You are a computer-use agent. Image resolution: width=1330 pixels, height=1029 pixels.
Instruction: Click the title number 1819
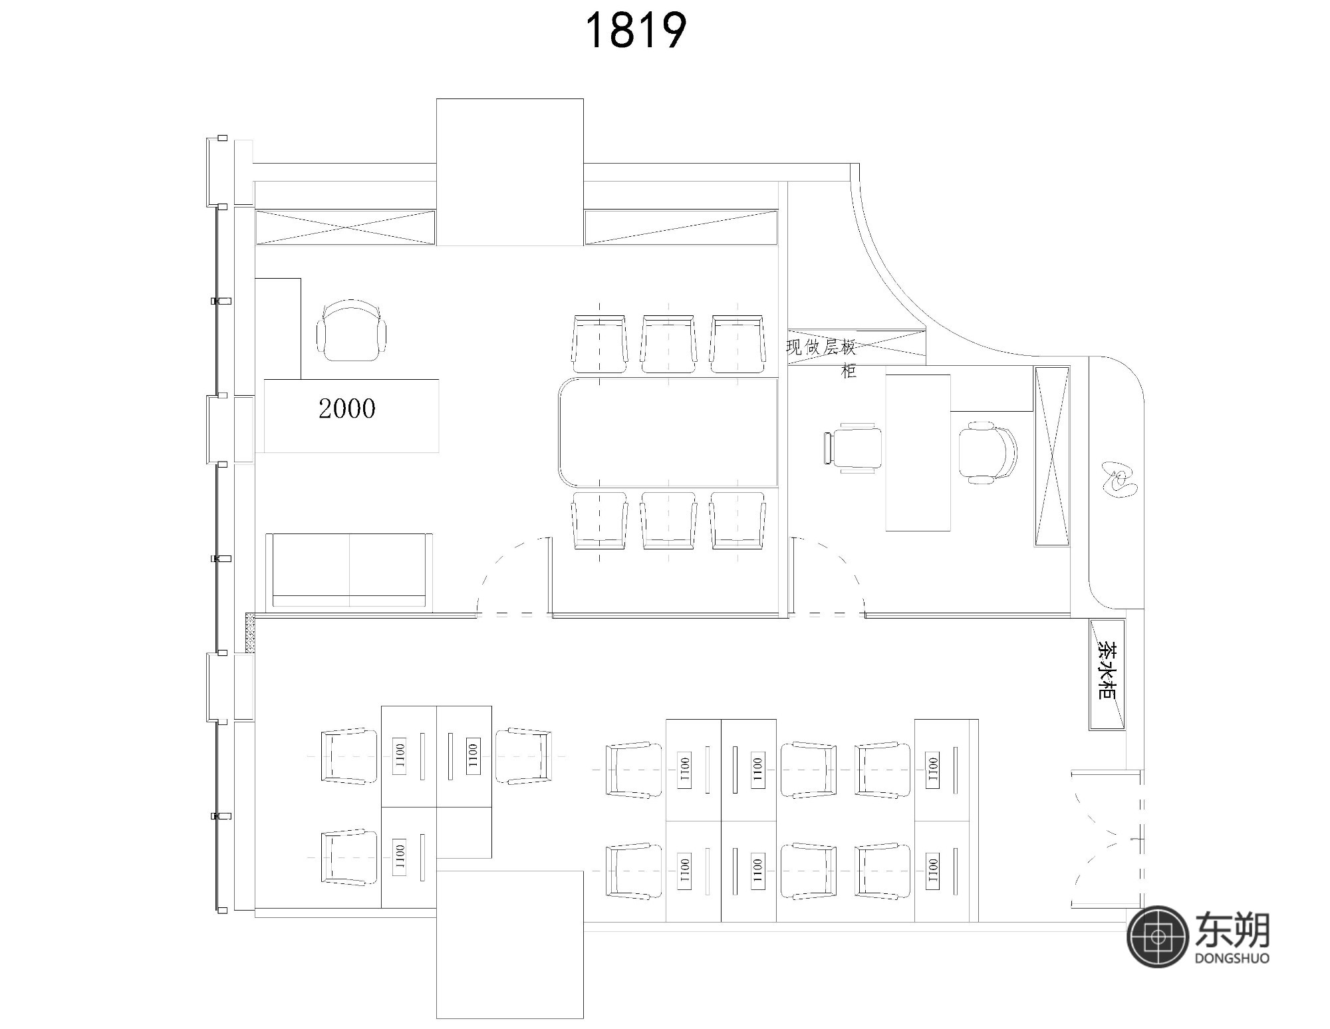[x=635, y=31]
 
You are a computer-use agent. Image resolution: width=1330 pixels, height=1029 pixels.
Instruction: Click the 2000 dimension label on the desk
[x=347, y=408]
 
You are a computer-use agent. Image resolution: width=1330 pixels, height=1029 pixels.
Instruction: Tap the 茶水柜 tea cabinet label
[x=1107, y=671]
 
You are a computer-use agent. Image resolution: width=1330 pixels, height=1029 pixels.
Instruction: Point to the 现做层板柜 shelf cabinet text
[x=822, y=357]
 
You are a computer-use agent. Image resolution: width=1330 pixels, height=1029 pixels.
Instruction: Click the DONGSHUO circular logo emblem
[x=1158, y=937]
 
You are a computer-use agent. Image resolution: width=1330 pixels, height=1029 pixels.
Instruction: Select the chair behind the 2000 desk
[x=352, y=330]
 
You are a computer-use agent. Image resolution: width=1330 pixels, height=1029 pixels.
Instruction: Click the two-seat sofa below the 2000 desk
[x=349, y=570]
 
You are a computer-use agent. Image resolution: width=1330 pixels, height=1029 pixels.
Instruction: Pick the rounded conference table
[x=668, y=432]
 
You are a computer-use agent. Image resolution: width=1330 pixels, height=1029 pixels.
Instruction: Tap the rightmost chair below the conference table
[x=737, y=520]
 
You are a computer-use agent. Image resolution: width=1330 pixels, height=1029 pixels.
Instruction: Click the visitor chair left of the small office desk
[x=853, y=448]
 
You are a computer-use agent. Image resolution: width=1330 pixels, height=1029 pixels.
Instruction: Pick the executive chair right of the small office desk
[x=988, y=452]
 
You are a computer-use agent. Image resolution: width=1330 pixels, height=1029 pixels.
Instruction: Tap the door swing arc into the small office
[x=828, y=576]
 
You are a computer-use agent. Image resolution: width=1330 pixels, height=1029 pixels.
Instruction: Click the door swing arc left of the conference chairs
[x=514, y=576]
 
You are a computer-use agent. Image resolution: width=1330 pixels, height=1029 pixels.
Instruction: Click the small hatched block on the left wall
[x=250, y=633]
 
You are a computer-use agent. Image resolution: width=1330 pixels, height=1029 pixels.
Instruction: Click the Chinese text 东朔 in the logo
[x=1232, y=929]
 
